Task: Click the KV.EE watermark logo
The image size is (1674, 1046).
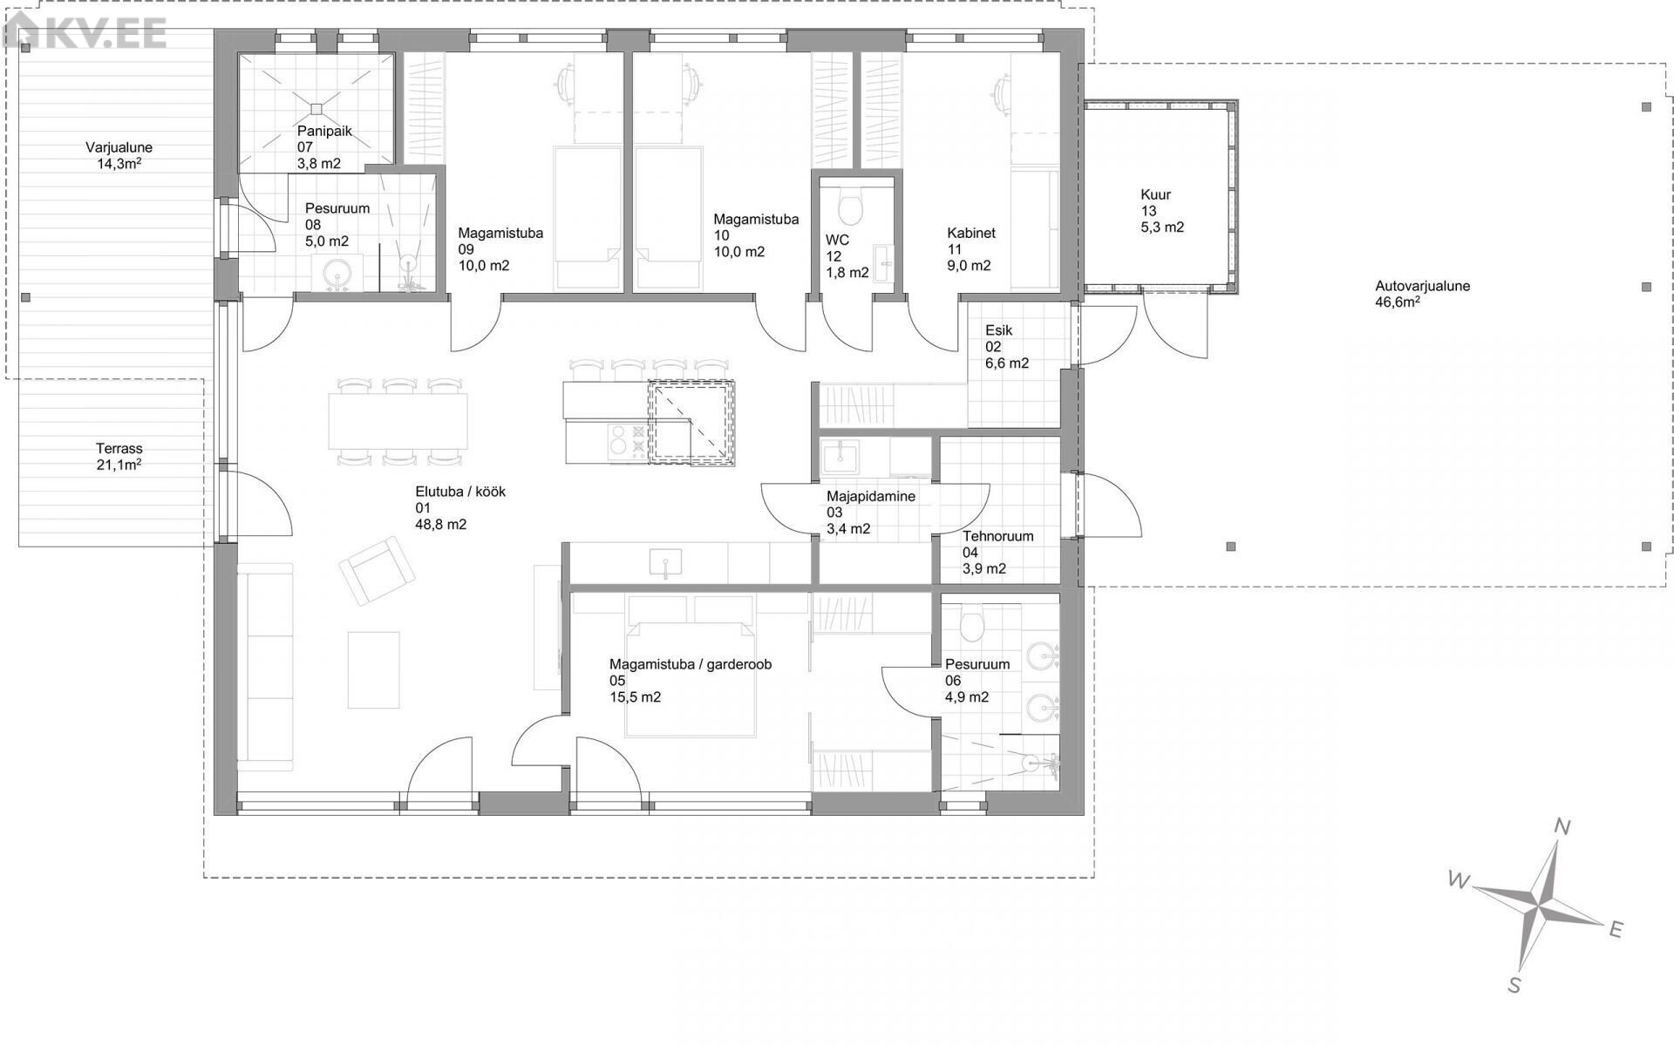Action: point(85,34)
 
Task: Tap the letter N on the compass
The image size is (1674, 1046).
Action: point(1563,827)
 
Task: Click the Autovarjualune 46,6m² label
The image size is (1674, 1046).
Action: point(1423,294)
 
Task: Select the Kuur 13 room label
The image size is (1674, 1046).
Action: point(1162,211)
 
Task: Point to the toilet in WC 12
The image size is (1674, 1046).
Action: point(847,206)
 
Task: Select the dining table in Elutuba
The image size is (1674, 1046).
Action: point(398,421)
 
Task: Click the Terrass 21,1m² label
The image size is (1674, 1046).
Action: point(119,457)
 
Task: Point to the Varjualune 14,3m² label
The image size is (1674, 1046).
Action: point(119,155)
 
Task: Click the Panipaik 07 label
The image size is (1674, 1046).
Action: point(319,147)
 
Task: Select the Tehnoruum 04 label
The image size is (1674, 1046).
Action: point(997,552)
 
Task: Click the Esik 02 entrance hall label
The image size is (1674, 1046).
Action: point(1007,346)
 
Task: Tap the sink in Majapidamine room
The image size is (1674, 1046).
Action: point(840,456)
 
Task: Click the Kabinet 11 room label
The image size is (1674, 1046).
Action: point(970,249)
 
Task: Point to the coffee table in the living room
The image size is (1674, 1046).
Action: point(374,669)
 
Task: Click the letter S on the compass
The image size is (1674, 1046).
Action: point(1515,986)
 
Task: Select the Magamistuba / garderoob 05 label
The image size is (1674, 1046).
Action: point(690,681)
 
